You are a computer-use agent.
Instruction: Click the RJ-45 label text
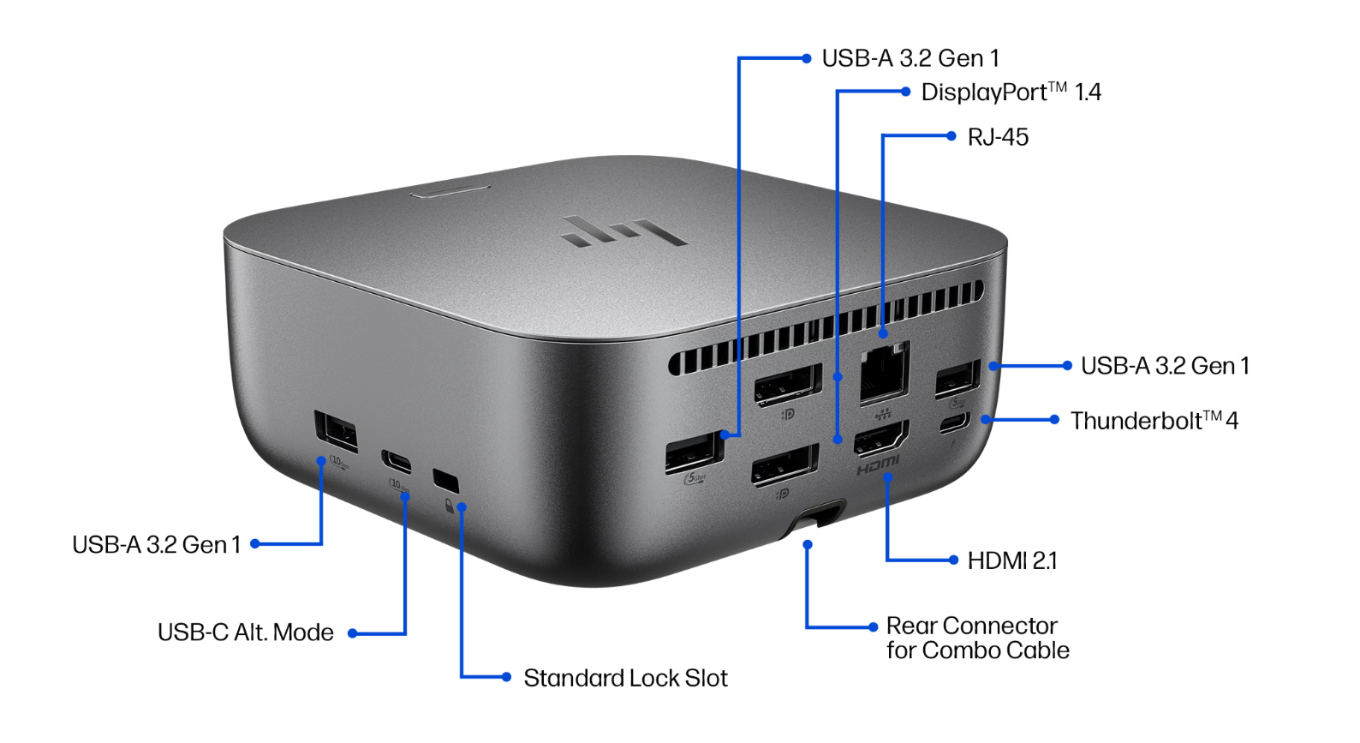[998, 137]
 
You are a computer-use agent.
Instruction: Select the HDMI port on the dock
[880, 440]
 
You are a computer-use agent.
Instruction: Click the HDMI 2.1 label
[1012, 561]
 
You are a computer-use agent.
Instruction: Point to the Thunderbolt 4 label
[1154, 421]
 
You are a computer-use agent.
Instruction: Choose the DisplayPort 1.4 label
[1011, 93]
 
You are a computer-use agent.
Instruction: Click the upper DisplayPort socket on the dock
[787, 385]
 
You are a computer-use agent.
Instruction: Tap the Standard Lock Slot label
[625, 679]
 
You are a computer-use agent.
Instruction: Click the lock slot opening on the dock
[445, 480]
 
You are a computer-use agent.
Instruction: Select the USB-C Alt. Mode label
[246, 633]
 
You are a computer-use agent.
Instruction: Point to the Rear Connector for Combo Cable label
[977, 638]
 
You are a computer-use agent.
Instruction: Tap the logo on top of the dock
[623, 231]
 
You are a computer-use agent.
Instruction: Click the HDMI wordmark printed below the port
[878, 466]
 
